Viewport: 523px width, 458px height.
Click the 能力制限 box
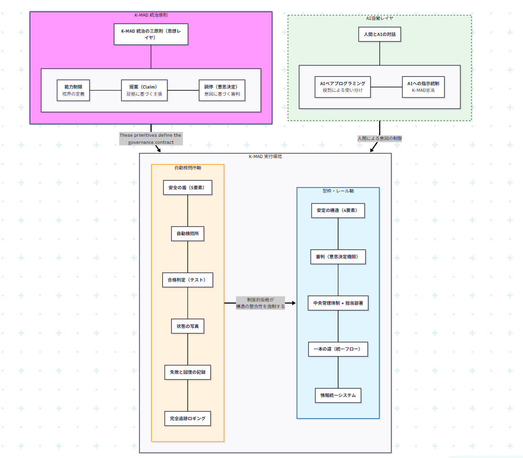[x=73, y=90]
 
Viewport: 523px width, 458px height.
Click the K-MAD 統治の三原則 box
[x=151, y=34]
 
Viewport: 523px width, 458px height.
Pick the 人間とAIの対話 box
[x=379, y=34]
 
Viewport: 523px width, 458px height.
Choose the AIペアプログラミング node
[x=343, y=87]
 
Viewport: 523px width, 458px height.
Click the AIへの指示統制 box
[x=423, y=87]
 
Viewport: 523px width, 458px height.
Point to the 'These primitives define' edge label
[x=150, y=139]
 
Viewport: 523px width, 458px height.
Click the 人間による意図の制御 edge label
[x=380, y=139]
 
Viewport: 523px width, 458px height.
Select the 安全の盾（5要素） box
[x=187, y=187]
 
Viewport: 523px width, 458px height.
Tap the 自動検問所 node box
[x=187, y=234]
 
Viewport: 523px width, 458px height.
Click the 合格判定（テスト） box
[x=187, y=280]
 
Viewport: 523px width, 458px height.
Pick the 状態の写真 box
[x=187, y=326]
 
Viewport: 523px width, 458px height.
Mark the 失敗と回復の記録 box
[x=187, y=372]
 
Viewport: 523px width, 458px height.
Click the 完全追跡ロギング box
[x=187, y=418]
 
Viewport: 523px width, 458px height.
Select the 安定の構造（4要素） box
[x=338, y=211]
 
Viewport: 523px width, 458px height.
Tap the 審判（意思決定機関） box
[x=338, y=257]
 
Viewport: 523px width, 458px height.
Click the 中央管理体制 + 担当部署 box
[x=338, y=303]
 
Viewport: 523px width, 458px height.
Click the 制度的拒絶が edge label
[x=261, y=303]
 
